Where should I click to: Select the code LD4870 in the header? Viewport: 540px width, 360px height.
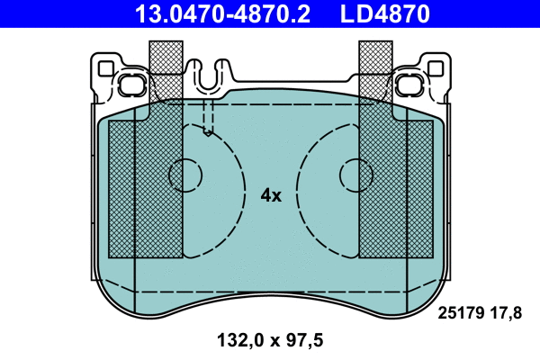point(384,13)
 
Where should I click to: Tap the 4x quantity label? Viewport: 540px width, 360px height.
point(271,195)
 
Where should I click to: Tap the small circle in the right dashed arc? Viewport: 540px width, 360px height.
point(353,174)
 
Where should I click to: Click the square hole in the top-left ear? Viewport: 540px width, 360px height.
point(107,67)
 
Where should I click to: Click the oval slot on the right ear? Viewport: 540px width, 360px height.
point(409,85)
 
